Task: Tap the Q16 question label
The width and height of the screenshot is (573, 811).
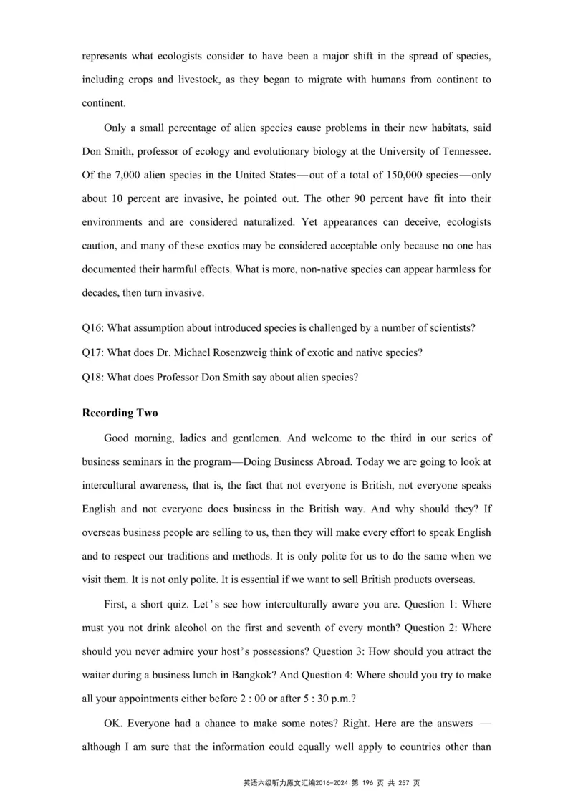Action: (92, 328)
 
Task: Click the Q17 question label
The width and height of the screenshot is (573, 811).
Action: (92, 352)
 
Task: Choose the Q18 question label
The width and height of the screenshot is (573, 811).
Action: (92, 378)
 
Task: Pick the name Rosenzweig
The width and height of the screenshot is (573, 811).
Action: (259, 352)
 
